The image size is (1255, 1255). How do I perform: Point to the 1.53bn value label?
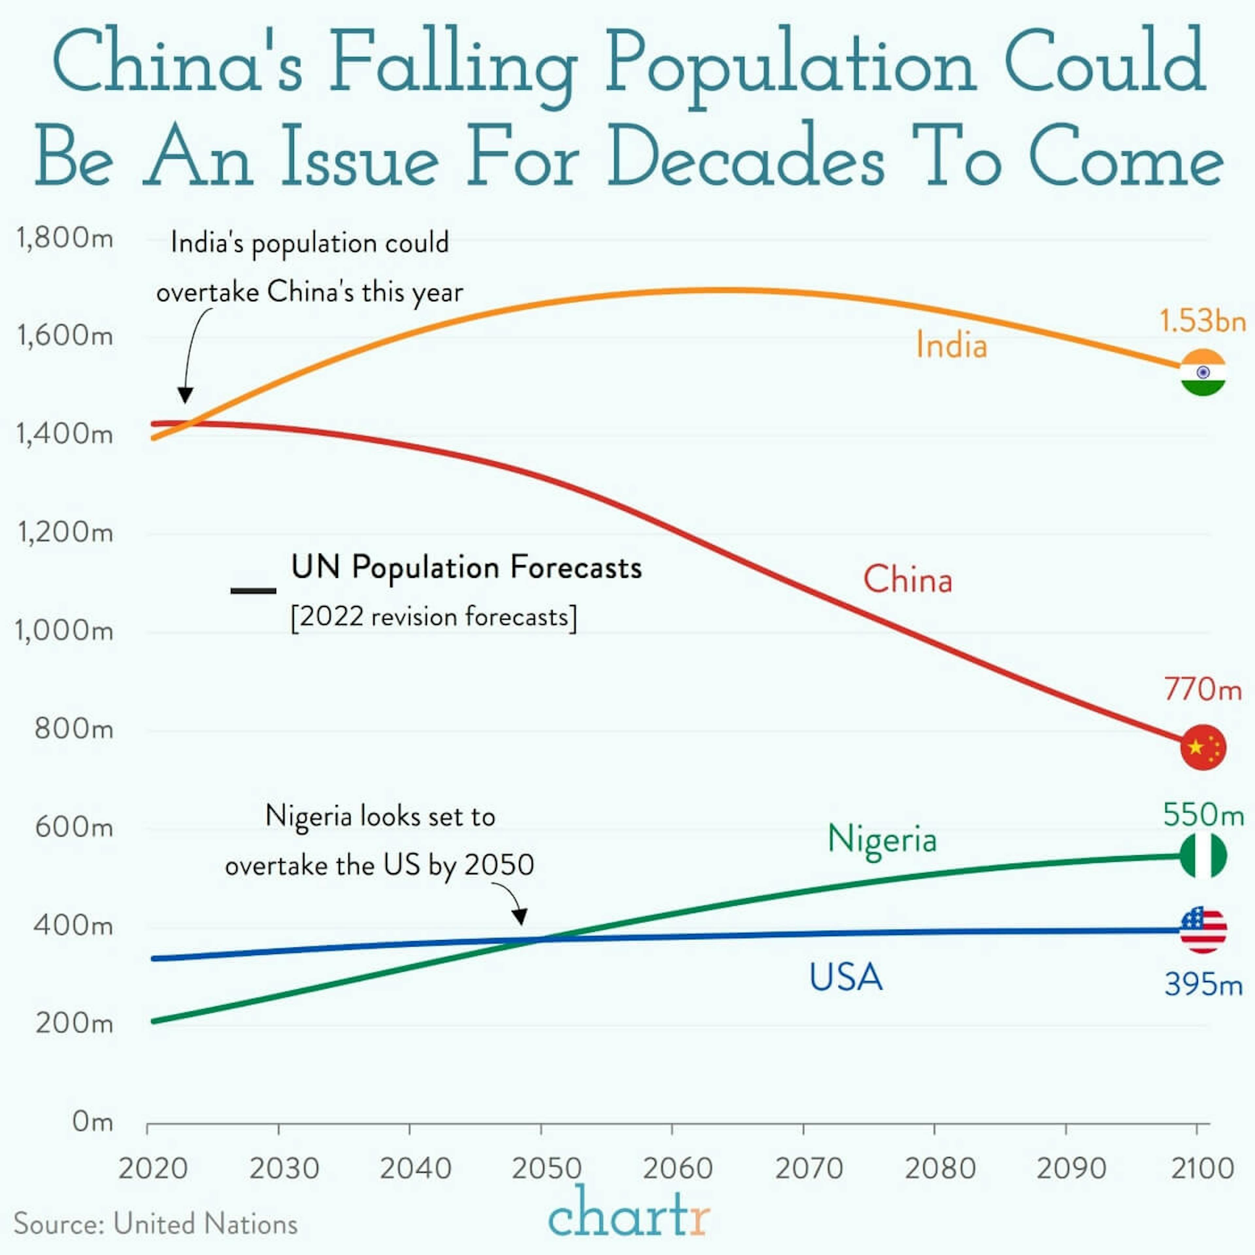[x=1202, y=321]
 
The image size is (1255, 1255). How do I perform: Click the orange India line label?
[x=951, y=345]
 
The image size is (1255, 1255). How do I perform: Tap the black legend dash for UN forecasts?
[x=253, y=591]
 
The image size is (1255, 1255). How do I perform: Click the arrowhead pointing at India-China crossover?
[x=185, y=394]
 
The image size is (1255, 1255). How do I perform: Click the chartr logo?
[x=628, y=1212]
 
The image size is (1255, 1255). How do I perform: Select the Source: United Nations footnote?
[x=156, y=1224]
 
